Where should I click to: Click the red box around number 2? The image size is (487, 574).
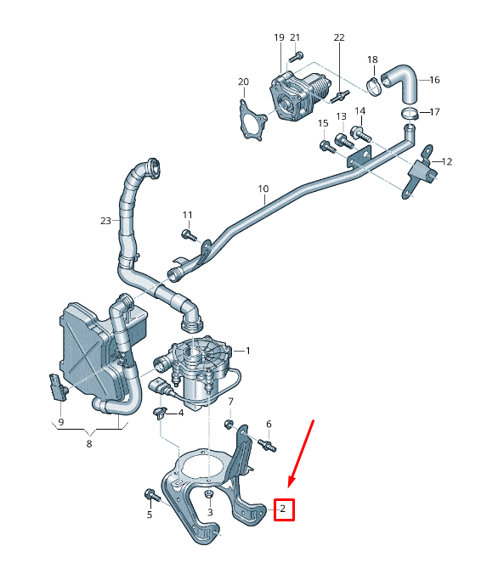click(x=284, y=509)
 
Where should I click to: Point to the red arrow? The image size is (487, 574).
click(x=302, y=454)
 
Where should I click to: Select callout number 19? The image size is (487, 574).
click(x=279, y=38)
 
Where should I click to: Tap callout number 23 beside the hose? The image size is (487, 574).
click(x=105, y=221)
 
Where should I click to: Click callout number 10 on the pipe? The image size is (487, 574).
click(x=263, y=189)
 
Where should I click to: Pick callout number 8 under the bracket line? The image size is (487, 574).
click(x=88, y=442)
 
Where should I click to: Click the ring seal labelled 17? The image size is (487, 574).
click(x=409, y=112)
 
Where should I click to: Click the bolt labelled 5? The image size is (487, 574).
click(x=151, y=494)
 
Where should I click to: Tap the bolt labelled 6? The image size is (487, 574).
click(x=266, y=444)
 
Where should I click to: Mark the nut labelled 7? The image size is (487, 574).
click(x=229, y=423)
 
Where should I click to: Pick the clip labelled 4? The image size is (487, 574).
click(x=158, y=414)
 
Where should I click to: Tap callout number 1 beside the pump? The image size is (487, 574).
click(x=247, y=351)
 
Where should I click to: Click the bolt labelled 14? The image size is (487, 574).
click(x=359, y=132)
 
